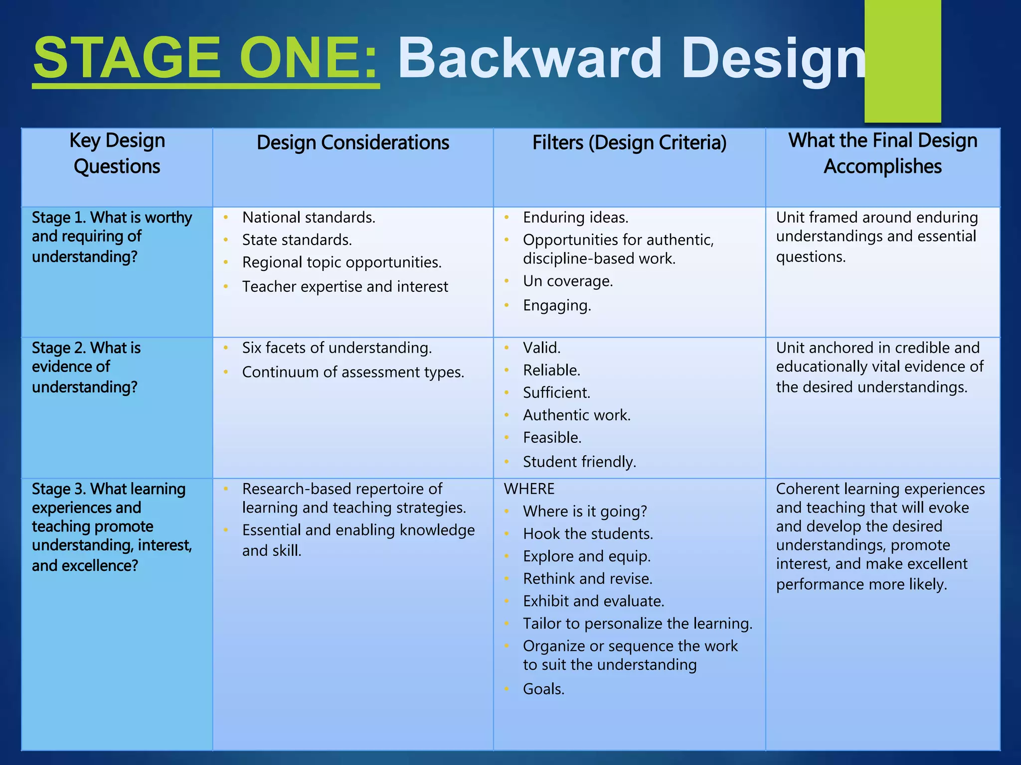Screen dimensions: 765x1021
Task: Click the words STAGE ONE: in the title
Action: point(205,58)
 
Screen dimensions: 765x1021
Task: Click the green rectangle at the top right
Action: point(902,61)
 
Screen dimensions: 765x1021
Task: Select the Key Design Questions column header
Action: point(117,153)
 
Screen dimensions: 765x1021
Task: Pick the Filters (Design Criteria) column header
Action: point(629,143)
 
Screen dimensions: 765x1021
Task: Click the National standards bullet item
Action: point(309,218)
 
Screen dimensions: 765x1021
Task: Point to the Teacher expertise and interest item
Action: point(345,287)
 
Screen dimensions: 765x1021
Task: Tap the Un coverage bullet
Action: point(567,281)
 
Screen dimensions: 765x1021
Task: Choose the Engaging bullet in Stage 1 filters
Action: point(557,305)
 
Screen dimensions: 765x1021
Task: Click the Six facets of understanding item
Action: point(337,348)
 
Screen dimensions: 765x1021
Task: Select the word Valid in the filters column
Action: point(541,348)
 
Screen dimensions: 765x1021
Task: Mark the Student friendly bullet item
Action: point(579,462)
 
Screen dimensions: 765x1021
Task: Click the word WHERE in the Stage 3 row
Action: point(529,489)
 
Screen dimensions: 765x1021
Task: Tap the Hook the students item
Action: point(588,534)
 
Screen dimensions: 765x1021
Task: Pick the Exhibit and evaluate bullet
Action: point(593,602)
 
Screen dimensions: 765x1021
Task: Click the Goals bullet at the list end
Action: point(543,689)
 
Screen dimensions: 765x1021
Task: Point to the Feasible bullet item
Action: point(552,438)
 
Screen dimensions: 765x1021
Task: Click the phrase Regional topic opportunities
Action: point(342,262)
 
